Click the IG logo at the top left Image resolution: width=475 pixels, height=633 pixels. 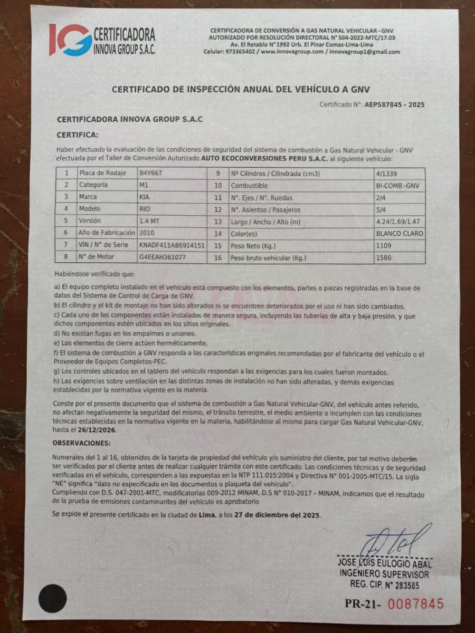point(70,40)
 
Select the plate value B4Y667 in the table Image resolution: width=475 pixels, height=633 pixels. point(151,173)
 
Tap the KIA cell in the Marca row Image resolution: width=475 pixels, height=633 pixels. point(145,197)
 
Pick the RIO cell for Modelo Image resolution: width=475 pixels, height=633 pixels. point(145,209)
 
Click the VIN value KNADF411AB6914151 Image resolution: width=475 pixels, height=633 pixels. point(172,245)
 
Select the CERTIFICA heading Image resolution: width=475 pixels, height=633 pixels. point(77,135)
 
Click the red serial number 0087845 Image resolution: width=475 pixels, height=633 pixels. point(416,604)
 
